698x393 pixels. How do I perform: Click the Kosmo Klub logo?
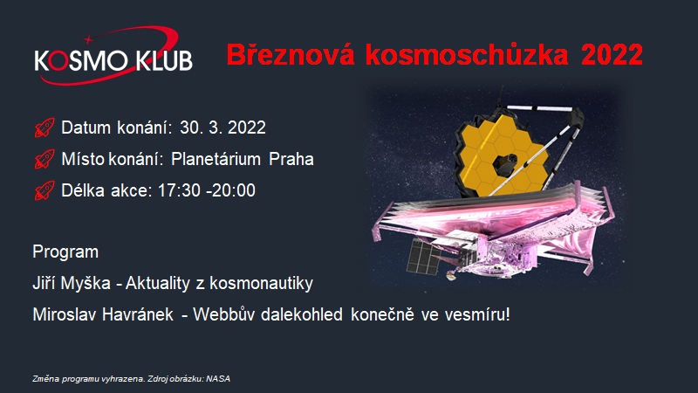coord(113,57)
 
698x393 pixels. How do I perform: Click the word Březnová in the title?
coord(291,55)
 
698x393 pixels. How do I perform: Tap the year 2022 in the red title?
coord(612,55)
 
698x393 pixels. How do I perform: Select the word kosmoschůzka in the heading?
coord(467,55)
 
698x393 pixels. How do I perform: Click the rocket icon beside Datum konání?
coord(44,128)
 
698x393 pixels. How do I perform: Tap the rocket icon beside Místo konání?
coord(44,159)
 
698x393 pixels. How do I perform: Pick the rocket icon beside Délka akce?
coord(44,190)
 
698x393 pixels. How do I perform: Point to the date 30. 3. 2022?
coord(222,128)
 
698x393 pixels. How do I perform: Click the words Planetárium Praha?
coord(243,159)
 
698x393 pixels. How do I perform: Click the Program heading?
coord(65,252)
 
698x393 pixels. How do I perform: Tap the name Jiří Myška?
coord(72,283)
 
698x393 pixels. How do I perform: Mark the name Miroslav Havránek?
coord(103,315)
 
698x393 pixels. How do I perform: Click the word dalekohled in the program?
coord(302,315)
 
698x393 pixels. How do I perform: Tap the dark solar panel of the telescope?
coord(423,256)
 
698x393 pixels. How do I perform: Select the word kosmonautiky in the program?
coord(261,283)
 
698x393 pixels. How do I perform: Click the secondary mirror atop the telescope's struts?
coord(576,117)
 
